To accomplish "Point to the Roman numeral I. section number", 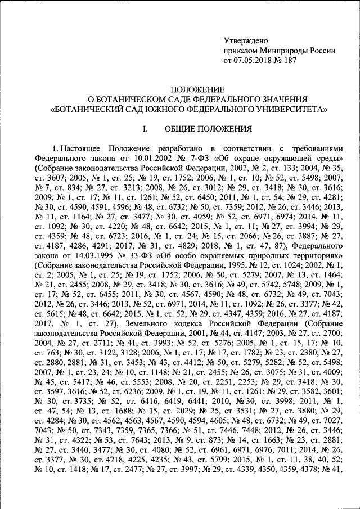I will point(145,129).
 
